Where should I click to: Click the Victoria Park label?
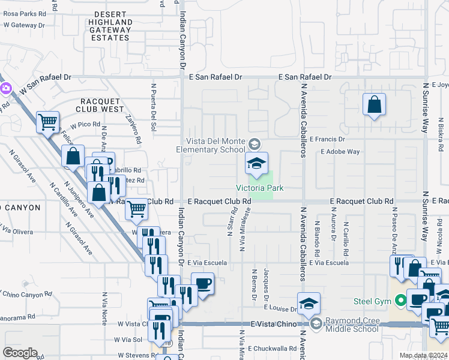(259, 187)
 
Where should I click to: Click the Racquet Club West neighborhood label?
(100, 109)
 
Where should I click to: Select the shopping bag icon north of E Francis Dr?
(374, 105)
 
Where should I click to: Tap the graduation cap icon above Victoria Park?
(256, 163)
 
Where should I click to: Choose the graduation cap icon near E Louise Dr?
(309, 304)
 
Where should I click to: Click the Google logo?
(20, 353)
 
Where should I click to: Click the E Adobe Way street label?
(340, 152)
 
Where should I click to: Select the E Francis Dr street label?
(327, 139)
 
